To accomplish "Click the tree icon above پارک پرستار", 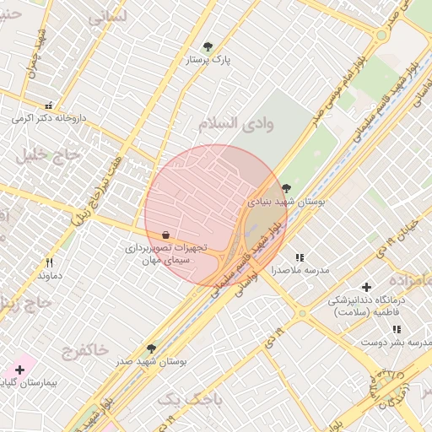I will [x=208, y=46].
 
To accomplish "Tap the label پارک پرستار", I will [x=208, y=60].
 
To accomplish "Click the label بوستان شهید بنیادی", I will [x=286, y=202].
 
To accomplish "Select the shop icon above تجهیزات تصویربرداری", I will [x=165, y=235].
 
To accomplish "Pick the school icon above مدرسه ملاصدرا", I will [x=300, y=257].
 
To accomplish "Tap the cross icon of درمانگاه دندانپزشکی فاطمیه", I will [x=365, y=288].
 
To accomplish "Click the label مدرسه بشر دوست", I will [x=391, y=343].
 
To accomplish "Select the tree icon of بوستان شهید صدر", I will [x=152, y=348].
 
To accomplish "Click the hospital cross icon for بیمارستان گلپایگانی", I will [x=19, y=370].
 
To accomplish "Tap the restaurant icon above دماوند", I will [x=49, y=262].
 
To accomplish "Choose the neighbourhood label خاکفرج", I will [x=85, y=348].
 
